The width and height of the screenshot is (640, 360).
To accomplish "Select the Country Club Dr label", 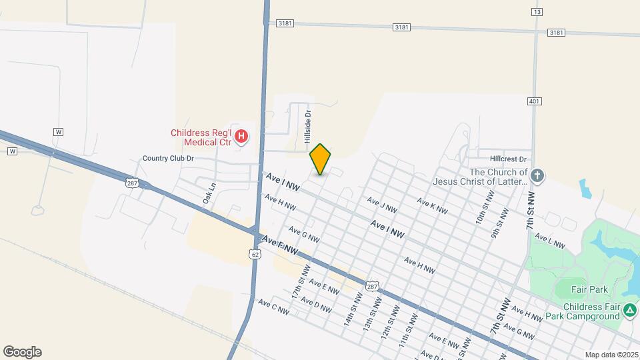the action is coord(168,159).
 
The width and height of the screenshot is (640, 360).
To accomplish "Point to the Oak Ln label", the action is coord(210,193).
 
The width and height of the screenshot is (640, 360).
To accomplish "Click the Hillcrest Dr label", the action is coord(508,159).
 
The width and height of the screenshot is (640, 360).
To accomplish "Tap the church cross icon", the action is coord(538,176).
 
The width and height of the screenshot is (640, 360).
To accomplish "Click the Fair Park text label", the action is coord(590,289).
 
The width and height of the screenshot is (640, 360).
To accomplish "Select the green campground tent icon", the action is coord(629,311).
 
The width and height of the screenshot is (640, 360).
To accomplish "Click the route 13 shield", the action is coord(537,11).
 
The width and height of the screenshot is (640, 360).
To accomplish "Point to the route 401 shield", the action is coord(535,101).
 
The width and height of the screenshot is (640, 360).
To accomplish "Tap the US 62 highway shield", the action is coord(254,254).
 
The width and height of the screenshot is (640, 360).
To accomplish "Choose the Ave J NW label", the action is coord(382,205).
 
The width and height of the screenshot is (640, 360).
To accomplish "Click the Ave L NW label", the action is coord(550,241).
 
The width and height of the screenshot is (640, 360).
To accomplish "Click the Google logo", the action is coord(22,352).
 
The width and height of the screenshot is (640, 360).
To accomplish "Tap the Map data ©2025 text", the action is coord(611,355).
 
